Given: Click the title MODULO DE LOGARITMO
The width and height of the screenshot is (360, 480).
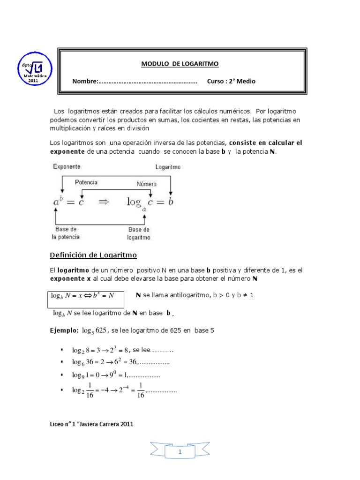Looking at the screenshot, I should click(x=180, y=63).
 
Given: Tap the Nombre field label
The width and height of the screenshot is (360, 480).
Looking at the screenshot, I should click(x=84, y=81).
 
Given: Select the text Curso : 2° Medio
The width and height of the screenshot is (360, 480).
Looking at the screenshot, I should click(x=231, y=81).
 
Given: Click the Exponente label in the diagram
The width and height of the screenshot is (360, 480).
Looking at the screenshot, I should click(x=67, y=166).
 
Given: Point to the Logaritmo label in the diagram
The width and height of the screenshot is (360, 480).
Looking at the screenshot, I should click(x=167, y=167).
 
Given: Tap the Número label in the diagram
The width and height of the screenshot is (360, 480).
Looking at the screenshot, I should click(x=146, y=184).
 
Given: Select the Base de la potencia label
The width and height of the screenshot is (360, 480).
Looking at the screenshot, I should click(x=66, y=233).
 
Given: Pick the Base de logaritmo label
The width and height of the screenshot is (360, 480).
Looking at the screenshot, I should click(x=139, y=233).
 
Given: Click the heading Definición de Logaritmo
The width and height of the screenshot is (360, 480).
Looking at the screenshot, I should click(x=93, y=255).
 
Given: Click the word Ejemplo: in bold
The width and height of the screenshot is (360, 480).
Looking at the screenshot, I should click(x=64, y=330).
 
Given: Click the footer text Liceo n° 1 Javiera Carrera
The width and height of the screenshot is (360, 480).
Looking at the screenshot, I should click(x=91, y=424).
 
